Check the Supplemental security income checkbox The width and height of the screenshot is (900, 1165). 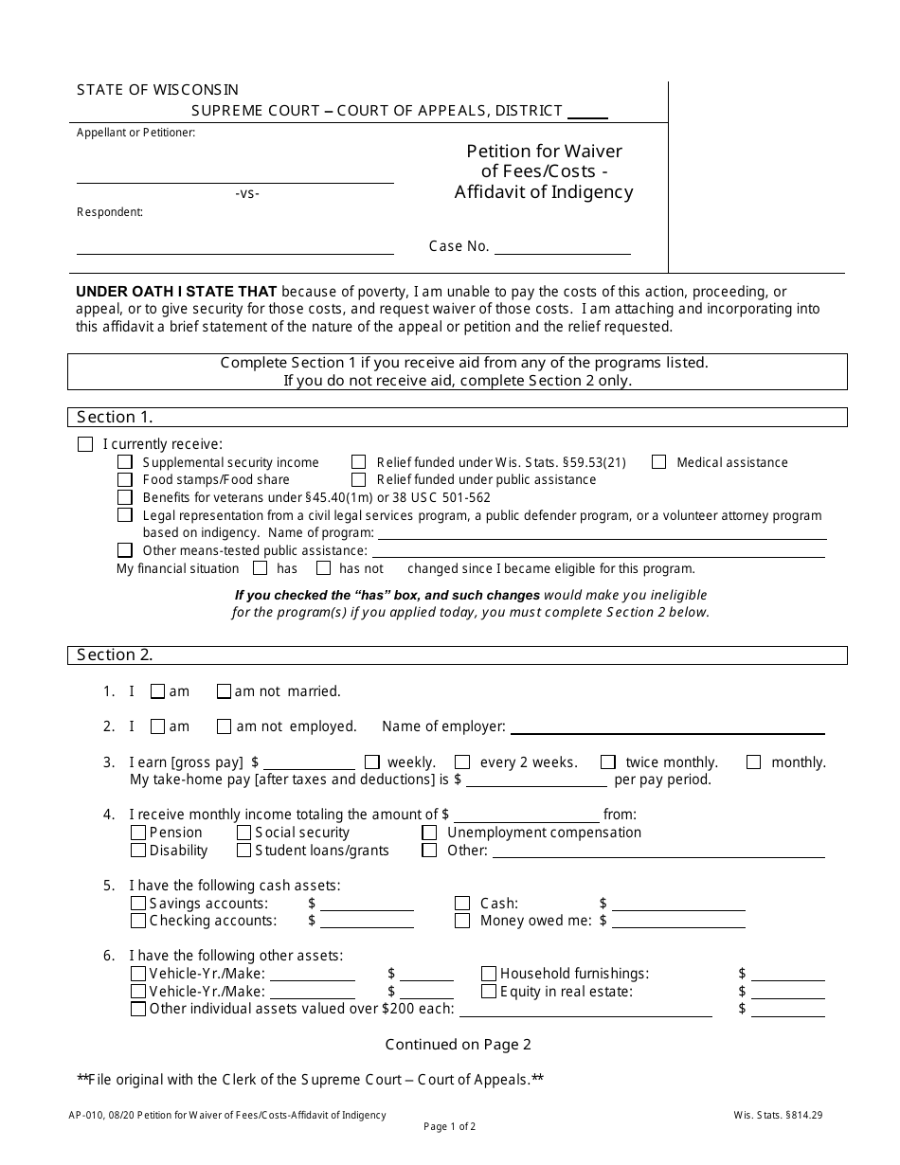125,462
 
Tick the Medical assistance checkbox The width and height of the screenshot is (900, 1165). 658,462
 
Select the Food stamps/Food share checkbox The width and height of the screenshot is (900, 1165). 125,480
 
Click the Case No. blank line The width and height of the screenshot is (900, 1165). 562,247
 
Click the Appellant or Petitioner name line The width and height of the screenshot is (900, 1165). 235,175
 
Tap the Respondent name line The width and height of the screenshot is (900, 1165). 235,247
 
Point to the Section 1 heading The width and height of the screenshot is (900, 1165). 115,418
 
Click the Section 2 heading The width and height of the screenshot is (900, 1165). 115,655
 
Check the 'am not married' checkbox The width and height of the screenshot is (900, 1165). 224,691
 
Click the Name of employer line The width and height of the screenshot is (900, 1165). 667,727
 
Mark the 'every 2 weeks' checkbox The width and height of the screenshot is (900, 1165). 462,762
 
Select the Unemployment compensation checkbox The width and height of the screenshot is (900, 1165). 429,833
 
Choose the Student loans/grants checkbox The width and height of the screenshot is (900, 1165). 244,851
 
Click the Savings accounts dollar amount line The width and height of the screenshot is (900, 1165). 367,905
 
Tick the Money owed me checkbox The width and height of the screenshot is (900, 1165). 462,921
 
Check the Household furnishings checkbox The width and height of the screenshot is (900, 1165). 489,974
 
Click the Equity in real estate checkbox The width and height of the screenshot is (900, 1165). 489,992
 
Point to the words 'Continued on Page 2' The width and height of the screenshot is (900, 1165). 458,1045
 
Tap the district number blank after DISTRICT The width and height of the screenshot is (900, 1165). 587,112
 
